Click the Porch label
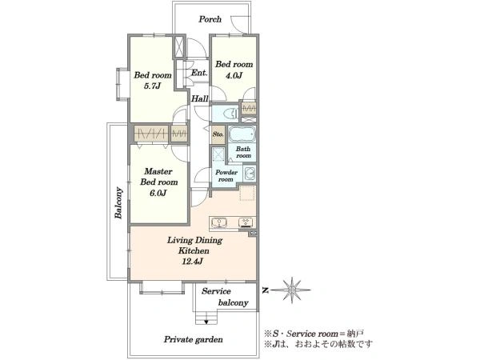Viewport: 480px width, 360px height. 210,19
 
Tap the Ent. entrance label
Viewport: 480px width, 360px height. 199,73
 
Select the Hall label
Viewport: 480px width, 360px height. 199,98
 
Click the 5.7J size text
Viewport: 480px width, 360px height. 153,86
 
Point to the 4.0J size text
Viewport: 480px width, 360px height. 234,75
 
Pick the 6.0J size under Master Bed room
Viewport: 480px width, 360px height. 158,193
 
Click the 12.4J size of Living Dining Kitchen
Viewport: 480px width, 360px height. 193,262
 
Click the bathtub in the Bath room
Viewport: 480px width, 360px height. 242,134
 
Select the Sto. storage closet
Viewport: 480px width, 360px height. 218,134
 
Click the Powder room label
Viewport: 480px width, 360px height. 226,176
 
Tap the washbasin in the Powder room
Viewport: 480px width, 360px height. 250,174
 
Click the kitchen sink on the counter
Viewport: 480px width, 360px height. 218,222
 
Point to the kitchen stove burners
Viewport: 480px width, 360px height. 246,222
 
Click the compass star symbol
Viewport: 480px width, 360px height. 292,290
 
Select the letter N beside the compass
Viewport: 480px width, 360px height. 266,290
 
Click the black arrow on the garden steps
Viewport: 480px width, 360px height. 206,322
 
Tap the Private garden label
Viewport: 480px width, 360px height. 193,339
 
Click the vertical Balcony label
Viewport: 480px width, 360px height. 118,202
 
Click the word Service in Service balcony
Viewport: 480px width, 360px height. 216,291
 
